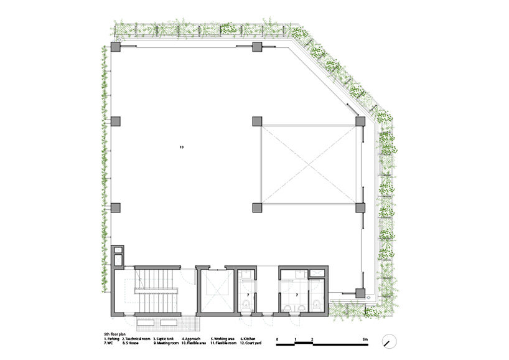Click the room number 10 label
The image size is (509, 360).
181,148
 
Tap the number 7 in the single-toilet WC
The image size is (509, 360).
248,293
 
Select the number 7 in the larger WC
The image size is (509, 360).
296,293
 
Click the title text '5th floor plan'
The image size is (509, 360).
117,334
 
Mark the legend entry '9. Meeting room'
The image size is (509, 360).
167,343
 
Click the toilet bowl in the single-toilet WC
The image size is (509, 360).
247,305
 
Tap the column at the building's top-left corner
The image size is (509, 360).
116,48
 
